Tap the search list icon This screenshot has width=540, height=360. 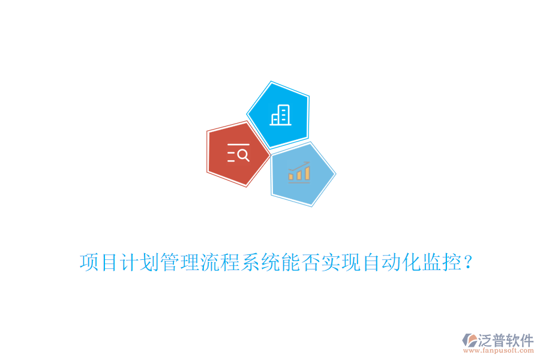238,154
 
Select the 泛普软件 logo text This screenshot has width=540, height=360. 506,340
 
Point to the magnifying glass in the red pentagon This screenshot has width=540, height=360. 243,155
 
